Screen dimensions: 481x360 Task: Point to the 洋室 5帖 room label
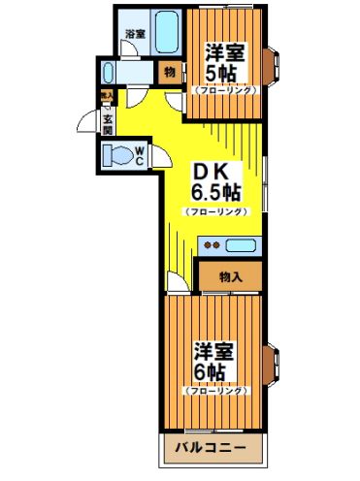[224, 63]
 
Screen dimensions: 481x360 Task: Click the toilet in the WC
[119, 155]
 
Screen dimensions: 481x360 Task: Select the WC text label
[141, 155]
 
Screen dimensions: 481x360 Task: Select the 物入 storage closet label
[230, 276]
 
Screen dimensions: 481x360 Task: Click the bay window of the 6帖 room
[275, 365]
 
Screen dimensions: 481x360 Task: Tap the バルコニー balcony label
[211, 449]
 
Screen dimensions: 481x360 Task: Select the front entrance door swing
[89, 123]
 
